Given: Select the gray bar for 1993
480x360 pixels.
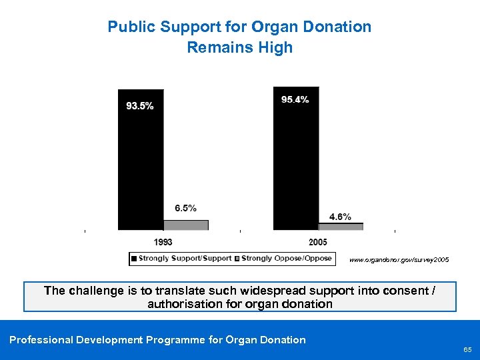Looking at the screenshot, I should pos(186,225).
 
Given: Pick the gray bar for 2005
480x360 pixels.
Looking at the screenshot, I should pos(341,227).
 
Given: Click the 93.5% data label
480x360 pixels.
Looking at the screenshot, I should pos(140,106).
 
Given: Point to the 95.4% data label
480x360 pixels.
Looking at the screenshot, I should pos(295,100).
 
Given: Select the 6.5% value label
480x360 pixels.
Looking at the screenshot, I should pos(185,208).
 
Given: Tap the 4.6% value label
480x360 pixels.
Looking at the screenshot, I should pos(340,217).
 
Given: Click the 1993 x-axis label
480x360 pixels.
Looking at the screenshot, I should pos(163,242).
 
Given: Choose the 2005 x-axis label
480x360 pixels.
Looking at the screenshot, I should pos(318,242).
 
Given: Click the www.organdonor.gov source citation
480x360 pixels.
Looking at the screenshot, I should pos(395,258).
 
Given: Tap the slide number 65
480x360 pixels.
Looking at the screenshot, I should pos(467,349).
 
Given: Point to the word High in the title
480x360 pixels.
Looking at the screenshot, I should pos(277,47).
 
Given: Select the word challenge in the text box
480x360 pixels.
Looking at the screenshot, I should pos(97,291).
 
